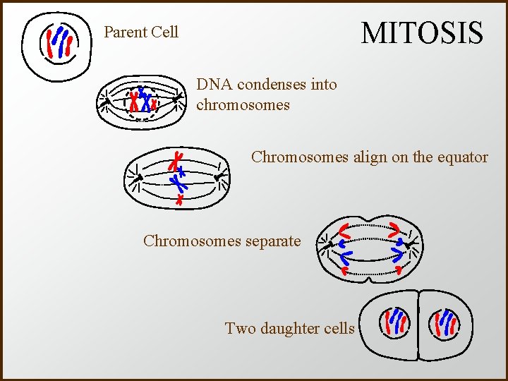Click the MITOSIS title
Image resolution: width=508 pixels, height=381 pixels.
pyautogui.click(x=422, y=33)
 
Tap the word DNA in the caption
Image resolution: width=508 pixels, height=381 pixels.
pyautogui.click(x=214, y=85)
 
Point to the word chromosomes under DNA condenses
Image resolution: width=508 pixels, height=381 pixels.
pyautogui.click(x=243, y=105)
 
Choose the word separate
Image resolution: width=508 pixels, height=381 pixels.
pyautogui.click(x=272, y=241)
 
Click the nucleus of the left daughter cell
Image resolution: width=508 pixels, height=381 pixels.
pyautogui.click(x=392, y=325)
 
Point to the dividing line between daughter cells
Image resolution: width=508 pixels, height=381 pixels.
pyautogui.click(x=418, y=325)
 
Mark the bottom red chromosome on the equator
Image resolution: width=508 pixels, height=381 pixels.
pyautogui.click(x=179, y=200)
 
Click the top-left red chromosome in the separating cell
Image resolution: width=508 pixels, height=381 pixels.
pyautogui.click(x=345, y=230)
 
